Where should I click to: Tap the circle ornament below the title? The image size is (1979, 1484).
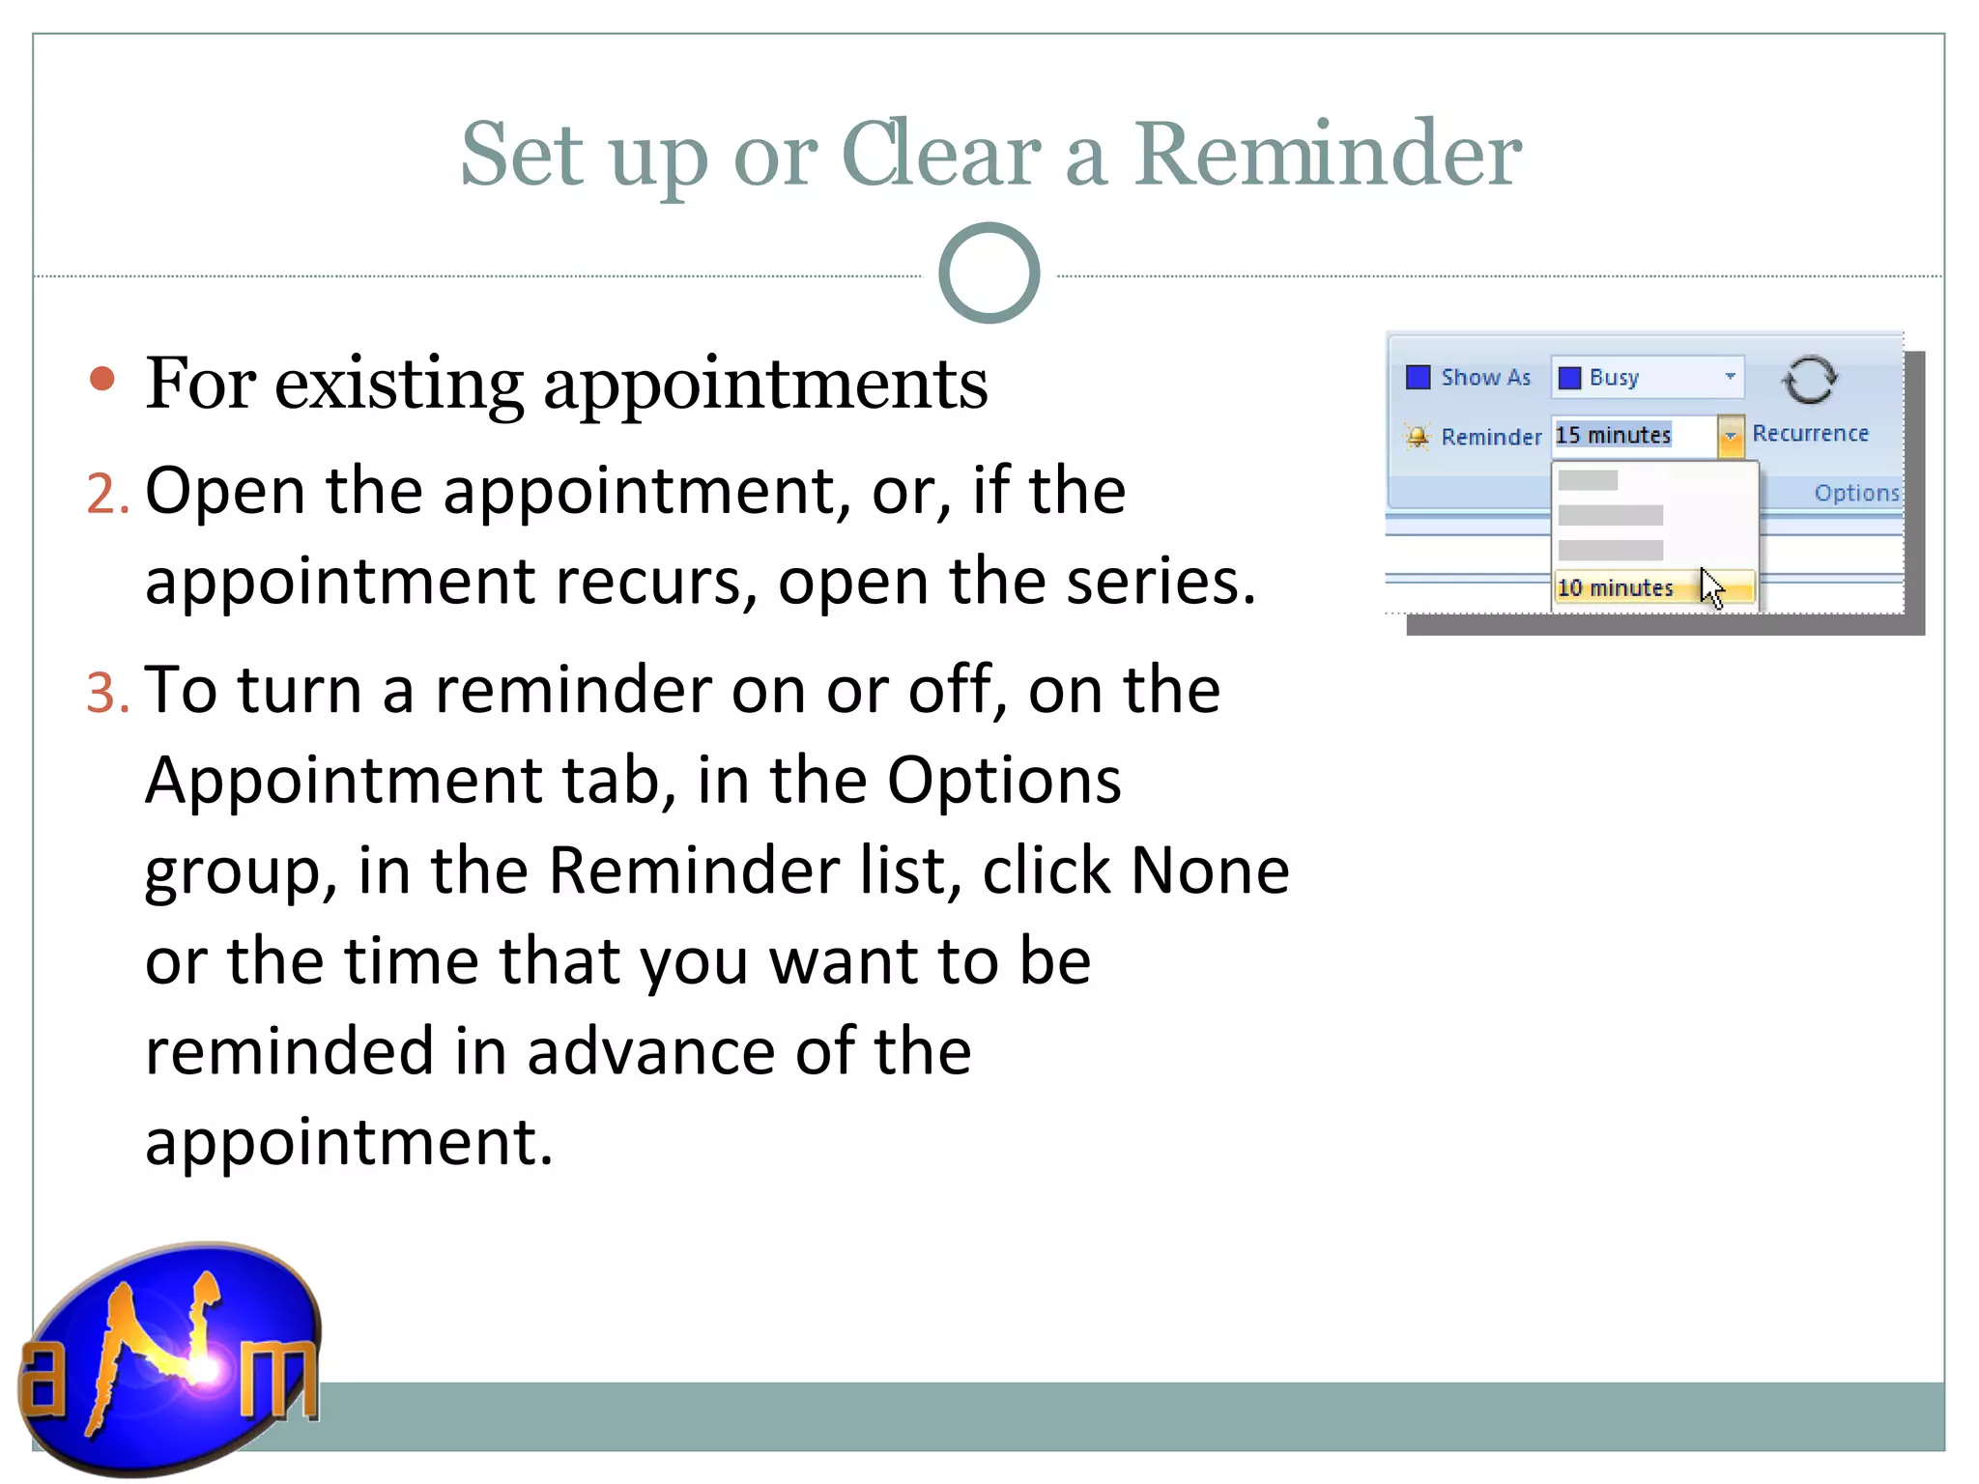click(x=989, y=273)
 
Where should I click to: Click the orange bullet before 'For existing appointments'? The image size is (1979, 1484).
click(x=101, y=379)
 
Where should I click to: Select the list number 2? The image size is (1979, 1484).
click(x=105, y=494)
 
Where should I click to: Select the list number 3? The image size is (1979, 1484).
click(x=105, y=694)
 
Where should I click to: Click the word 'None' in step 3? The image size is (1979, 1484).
click(x=1209, y=871)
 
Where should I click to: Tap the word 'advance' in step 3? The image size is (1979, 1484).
click(x=650, y=1052)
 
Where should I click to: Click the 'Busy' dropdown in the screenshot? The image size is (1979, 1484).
click(x=1648, y=377)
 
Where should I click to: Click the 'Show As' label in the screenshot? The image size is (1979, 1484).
click(x=1485, y=378)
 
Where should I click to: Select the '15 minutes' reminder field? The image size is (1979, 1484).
click(x=1633, y=436)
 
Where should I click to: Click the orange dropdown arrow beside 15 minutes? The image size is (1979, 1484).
click(x=1730, y=436)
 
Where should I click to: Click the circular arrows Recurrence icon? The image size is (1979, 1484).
click(x=1809, y=380)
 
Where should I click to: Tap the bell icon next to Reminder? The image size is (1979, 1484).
click(x=1417, y=437)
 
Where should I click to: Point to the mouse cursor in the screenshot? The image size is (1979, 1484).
click(x=1711, y=587)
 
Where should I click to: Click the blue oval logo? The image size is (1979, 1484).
click(x=172, y=1356)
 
